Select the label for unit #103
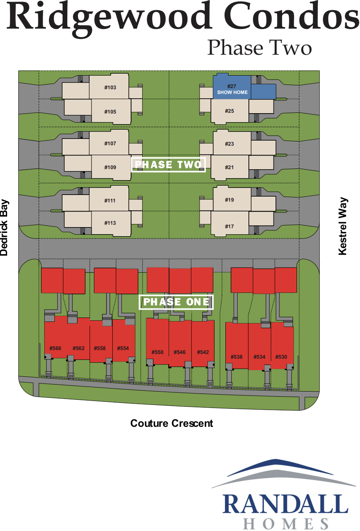pos(110,87)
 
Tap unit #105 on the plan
pos(110,112)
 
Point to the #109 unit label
pos(110,167)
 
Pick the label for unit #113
pos(110,223)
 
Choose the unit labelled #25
pos(229,111)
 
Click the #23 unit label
pos(229,144)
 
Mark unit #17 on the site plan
pos(229,226)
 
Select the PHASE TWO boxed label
pos(168,164)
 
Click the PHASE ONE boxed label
pos(176,302)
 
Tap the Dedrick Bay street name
pos(4,228)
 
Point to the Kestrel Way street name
pos(343,226)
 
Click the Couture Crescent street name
pos(172,423)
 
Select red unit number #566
pos(55,348)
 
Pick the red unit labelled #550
pos(157,352)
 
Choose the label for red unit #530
pos(281,357)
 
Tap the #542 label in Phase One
pos(203,352)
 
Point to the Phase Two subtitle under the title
pos(259,47)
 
